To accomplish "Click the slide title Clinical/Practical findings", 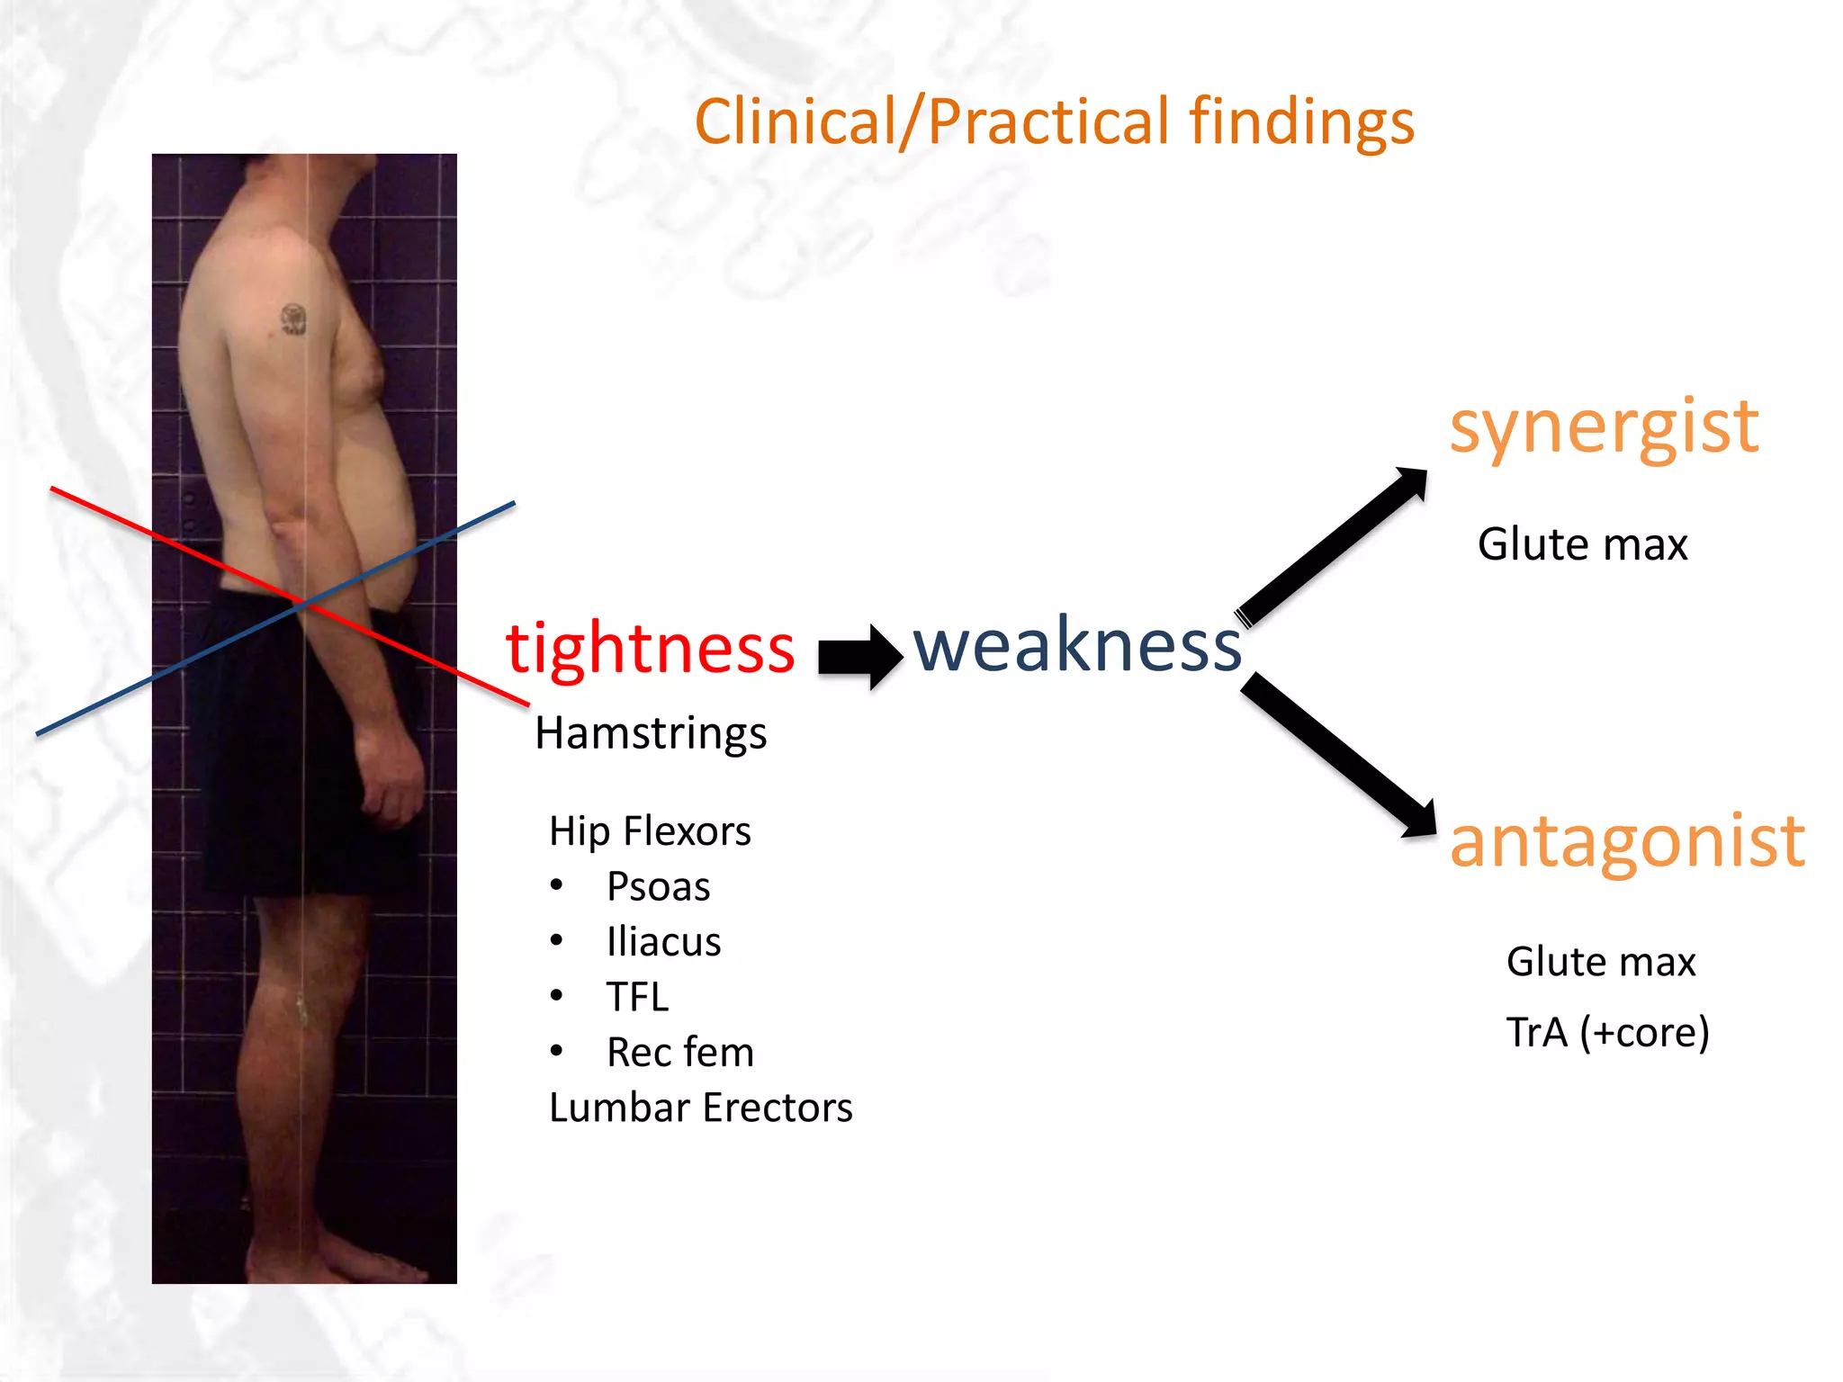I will point(1054,122).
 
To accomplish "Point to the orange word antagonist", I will point(1627,840).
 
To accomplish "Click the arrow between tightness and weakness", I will point(859,656).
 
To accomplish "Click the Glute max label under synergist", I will point(1582,544).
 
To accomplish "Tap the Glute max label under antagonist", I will point(1601,962).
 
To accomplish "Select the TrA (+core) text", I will point(1607,1032).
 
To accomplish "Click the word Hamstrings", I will point(651,733).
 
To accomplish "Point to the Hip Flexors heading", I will point(650,831).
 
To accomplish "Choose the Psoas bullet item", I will point(658,887).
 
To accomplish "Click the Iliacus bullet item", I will point(663,942).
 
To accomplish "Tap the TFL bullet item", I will point(637,997).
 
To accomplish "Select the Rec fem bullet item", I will point(679,1052).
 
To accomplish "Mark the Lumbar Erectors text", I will point(700,1108).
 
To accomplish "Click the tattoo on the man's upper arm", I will point(294,319).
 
